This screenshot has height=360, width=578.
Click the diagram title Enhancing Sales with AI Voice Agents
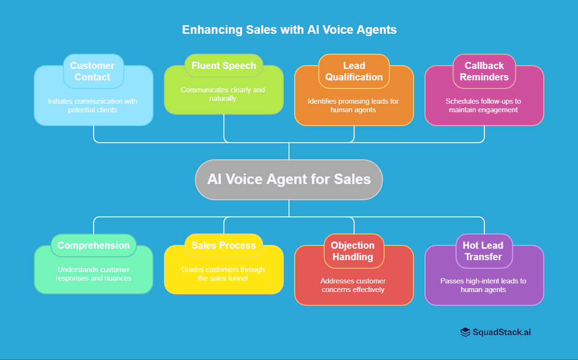[289, 29]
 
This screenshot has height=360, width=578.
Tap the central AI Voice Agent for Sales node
[289, 179]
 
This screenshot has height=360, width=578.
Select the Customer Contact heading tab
[93, 71]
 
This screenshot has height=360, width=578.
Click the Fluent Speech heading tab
[223, 66]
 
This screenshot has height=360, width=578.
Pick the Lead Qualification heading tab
[354, 71]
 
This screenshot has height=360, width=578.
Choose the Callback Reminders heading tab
[484, 71]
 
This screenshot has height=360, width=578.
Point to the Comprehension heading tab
[93, 245]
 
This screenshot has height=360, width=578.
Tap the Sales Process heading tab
[223, 245]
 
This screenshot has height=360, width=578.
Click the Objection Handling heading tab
[353, 251]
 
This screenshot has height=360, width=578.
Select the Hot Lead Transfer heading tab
[483, 251]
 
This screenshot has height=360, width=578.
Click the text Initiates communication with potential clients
[93, 106]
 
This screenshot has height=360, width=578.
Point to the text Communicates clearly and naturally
[223, 94]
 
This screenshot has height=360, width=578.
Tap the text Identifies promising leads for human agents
[353, 106]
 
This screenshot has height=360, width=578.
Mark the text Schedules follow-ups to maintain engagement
[483, 106]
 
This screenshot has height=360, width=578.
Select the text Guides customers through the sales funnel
[223, 274]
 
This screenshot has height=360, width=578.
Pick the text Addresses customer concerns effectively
[353, 285]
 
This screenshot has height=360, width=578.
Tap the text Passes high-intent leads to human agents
[483, 285]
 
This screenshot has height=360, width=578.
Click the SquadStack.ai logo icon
[465, 332]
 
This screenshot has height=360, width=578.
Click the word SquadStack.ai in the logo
[501, 332]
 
